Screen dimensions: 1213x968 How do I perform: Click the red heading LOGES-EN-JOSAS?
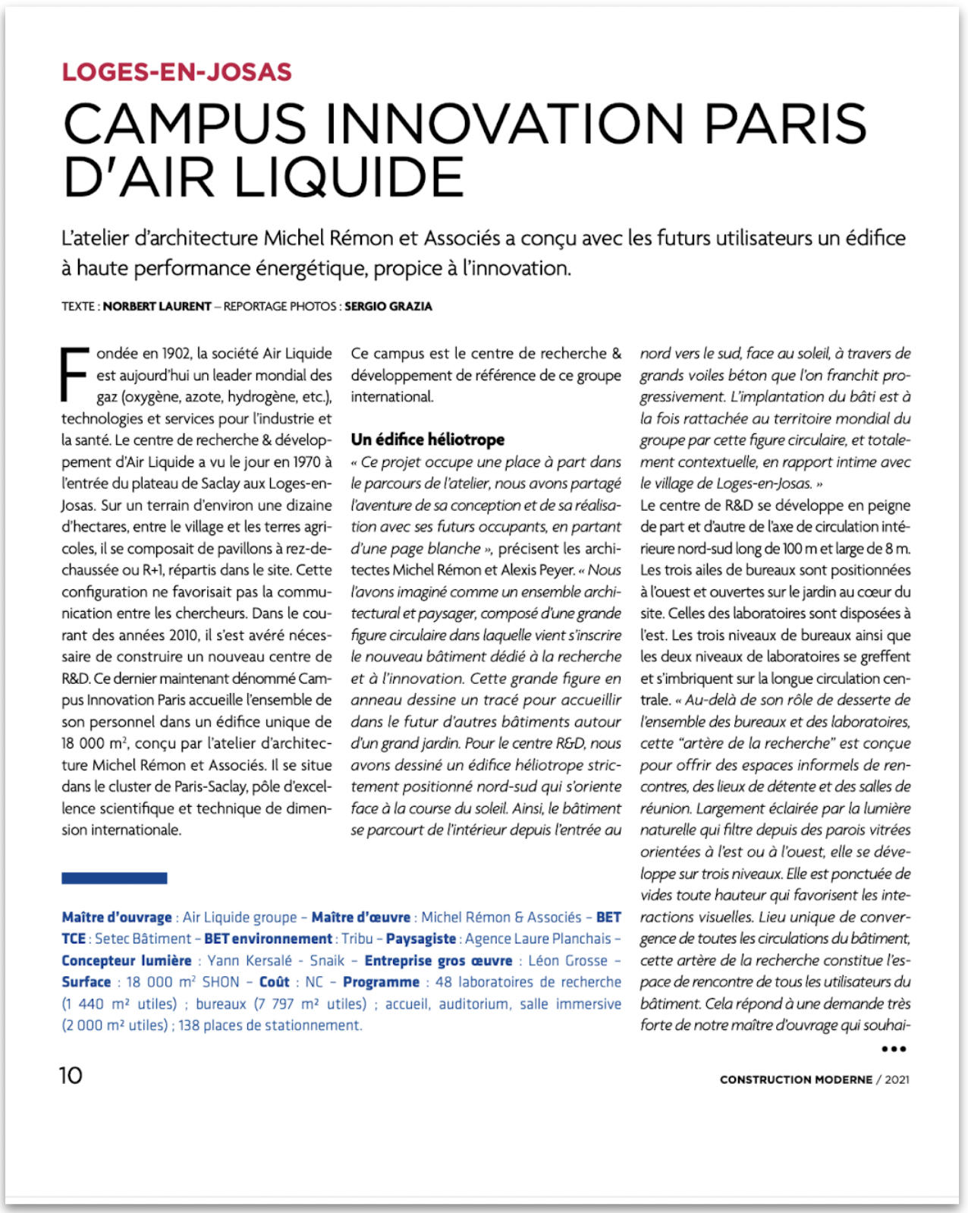(177, 72)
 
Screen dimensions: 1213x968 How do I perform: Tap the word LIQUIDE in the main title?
(349, 178)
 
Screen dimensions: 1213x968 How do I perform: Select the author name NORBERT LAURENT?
(157, 307)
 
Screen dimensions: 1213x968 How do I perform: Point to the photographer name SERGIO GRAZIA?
(388, 307)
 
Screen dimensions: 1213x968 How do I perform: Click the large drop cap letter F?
(75, 373)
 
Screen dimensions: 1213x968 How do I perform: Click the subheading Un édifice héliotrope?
(427, 440)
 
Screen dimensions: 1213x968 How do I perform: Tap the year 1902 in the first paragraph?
(177, 354)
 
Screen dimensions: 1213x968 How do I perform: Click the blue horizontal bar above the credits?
(115, 878)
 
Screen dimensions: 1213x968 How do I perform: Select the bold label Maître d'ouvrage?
(117, 917)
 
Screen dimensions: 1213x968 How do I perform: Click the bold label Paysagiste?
(421, 939)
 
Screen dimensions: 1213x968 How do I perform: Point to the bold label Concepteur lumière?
(127, 960)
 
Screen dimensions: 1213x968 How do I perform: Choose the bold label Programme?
(381, 982)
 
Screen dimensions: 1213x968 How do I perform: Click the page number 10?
(71, 1076)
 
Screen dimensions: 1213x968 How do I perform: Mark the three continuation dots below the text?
(894, 1049)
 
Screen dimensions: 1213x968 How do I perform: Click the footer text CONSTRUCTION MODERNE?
(796, 1079)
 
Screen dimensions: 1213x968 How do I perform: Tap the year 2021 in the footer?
(897, 1079)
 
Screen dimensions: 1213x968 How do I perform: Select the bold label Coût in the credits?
(275, 982)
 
